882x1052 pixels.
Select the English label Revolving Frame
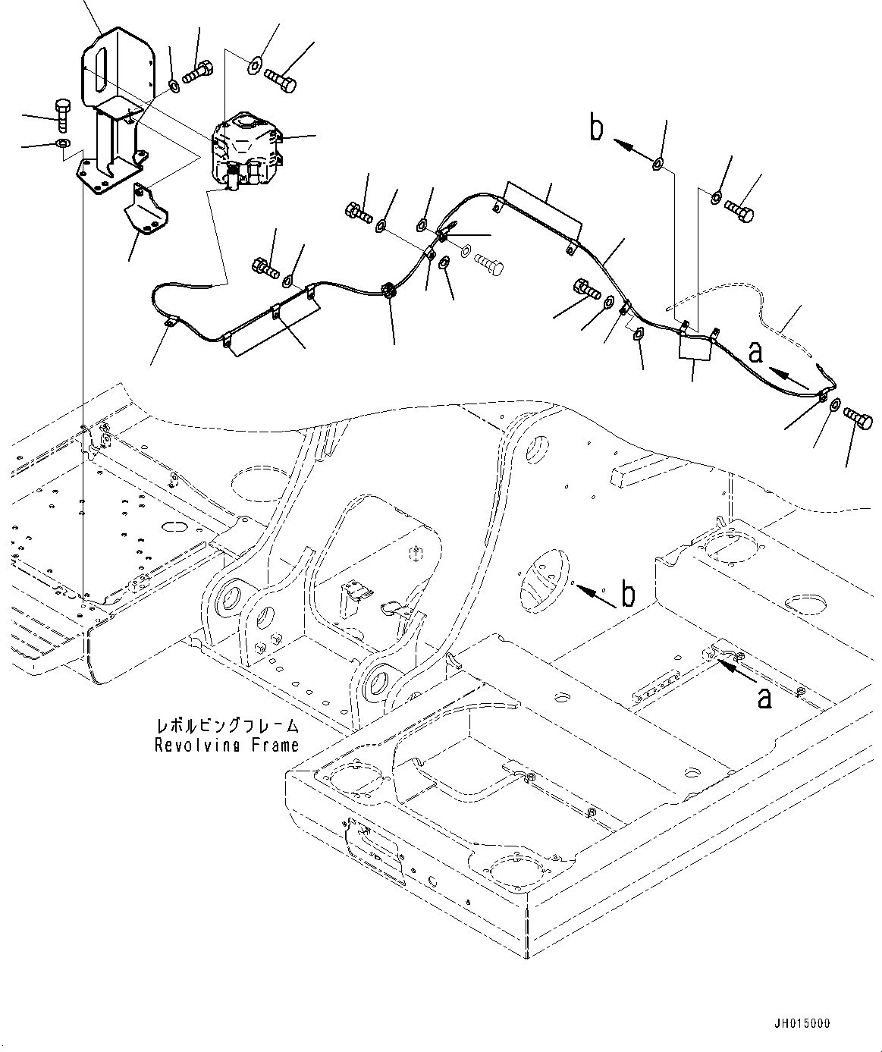click(x=227, y=745)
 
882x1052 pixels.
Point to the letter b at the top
click(x=598, y=129)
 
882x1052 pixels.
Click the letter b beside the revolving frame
click(x=629, y=595)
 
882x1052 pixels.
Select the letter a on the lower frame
click(x=764, y=696)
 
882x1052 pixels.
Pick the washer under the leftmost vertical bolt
click(x=61, y=143)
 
